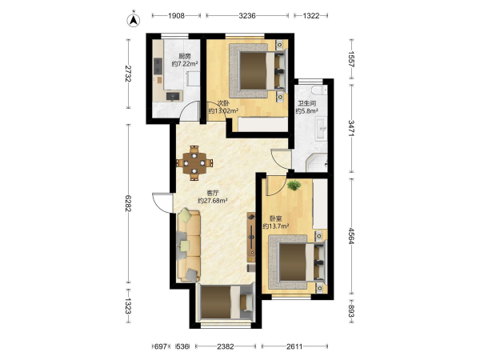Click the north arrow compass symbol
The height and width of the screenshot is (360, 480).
pyautogui.click(x=134, y=20)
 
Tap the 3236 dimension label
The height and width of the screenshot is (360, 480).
pyautogui.click(x=247, y=16)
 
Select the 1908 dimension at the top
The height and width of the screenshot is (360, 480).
pyautogui.click(x=176, y=16)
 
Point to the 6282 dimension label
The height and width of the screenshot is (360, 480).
pyautogui.click(x=128, y=203)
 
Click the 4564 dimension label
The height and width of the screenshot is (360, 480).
pyautogui.click(x=352, y=236)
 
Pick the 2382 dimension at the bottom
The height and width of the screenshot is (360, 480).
pyautogui.click(x=226, y=346)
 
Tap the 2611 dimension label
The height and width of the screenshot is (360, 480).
pyautogui.click(x=294, y=346)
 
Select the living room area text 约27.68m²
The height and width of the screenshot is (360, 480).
pyautogui.click(x=213, y=201)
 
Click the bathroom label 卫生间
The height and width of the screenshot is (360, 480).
pyautogui.click(x=306, y=103)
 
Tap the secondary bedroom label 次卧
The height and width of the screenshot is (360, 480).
pyautogui.click(x=223, y=103)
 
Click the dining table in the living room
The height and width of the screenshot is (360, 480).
pyautogui.click(x=194, y=163)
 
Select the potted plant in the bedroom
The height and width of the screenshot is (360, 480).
pyautogui.click(x=294, y=185)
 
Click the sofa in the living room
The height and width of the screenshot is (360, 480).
pyautogui.click(x=189, y=246)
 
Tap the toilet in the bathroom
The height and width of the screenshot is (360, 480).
pyautogui.click(x=318, y=90)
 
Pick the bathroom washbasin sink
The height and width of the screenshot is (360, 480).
pyautogui.click(x=321, y=129)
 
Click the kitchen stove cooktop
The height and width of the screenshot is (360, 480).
pyautogui.click(x=158, y=66)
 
